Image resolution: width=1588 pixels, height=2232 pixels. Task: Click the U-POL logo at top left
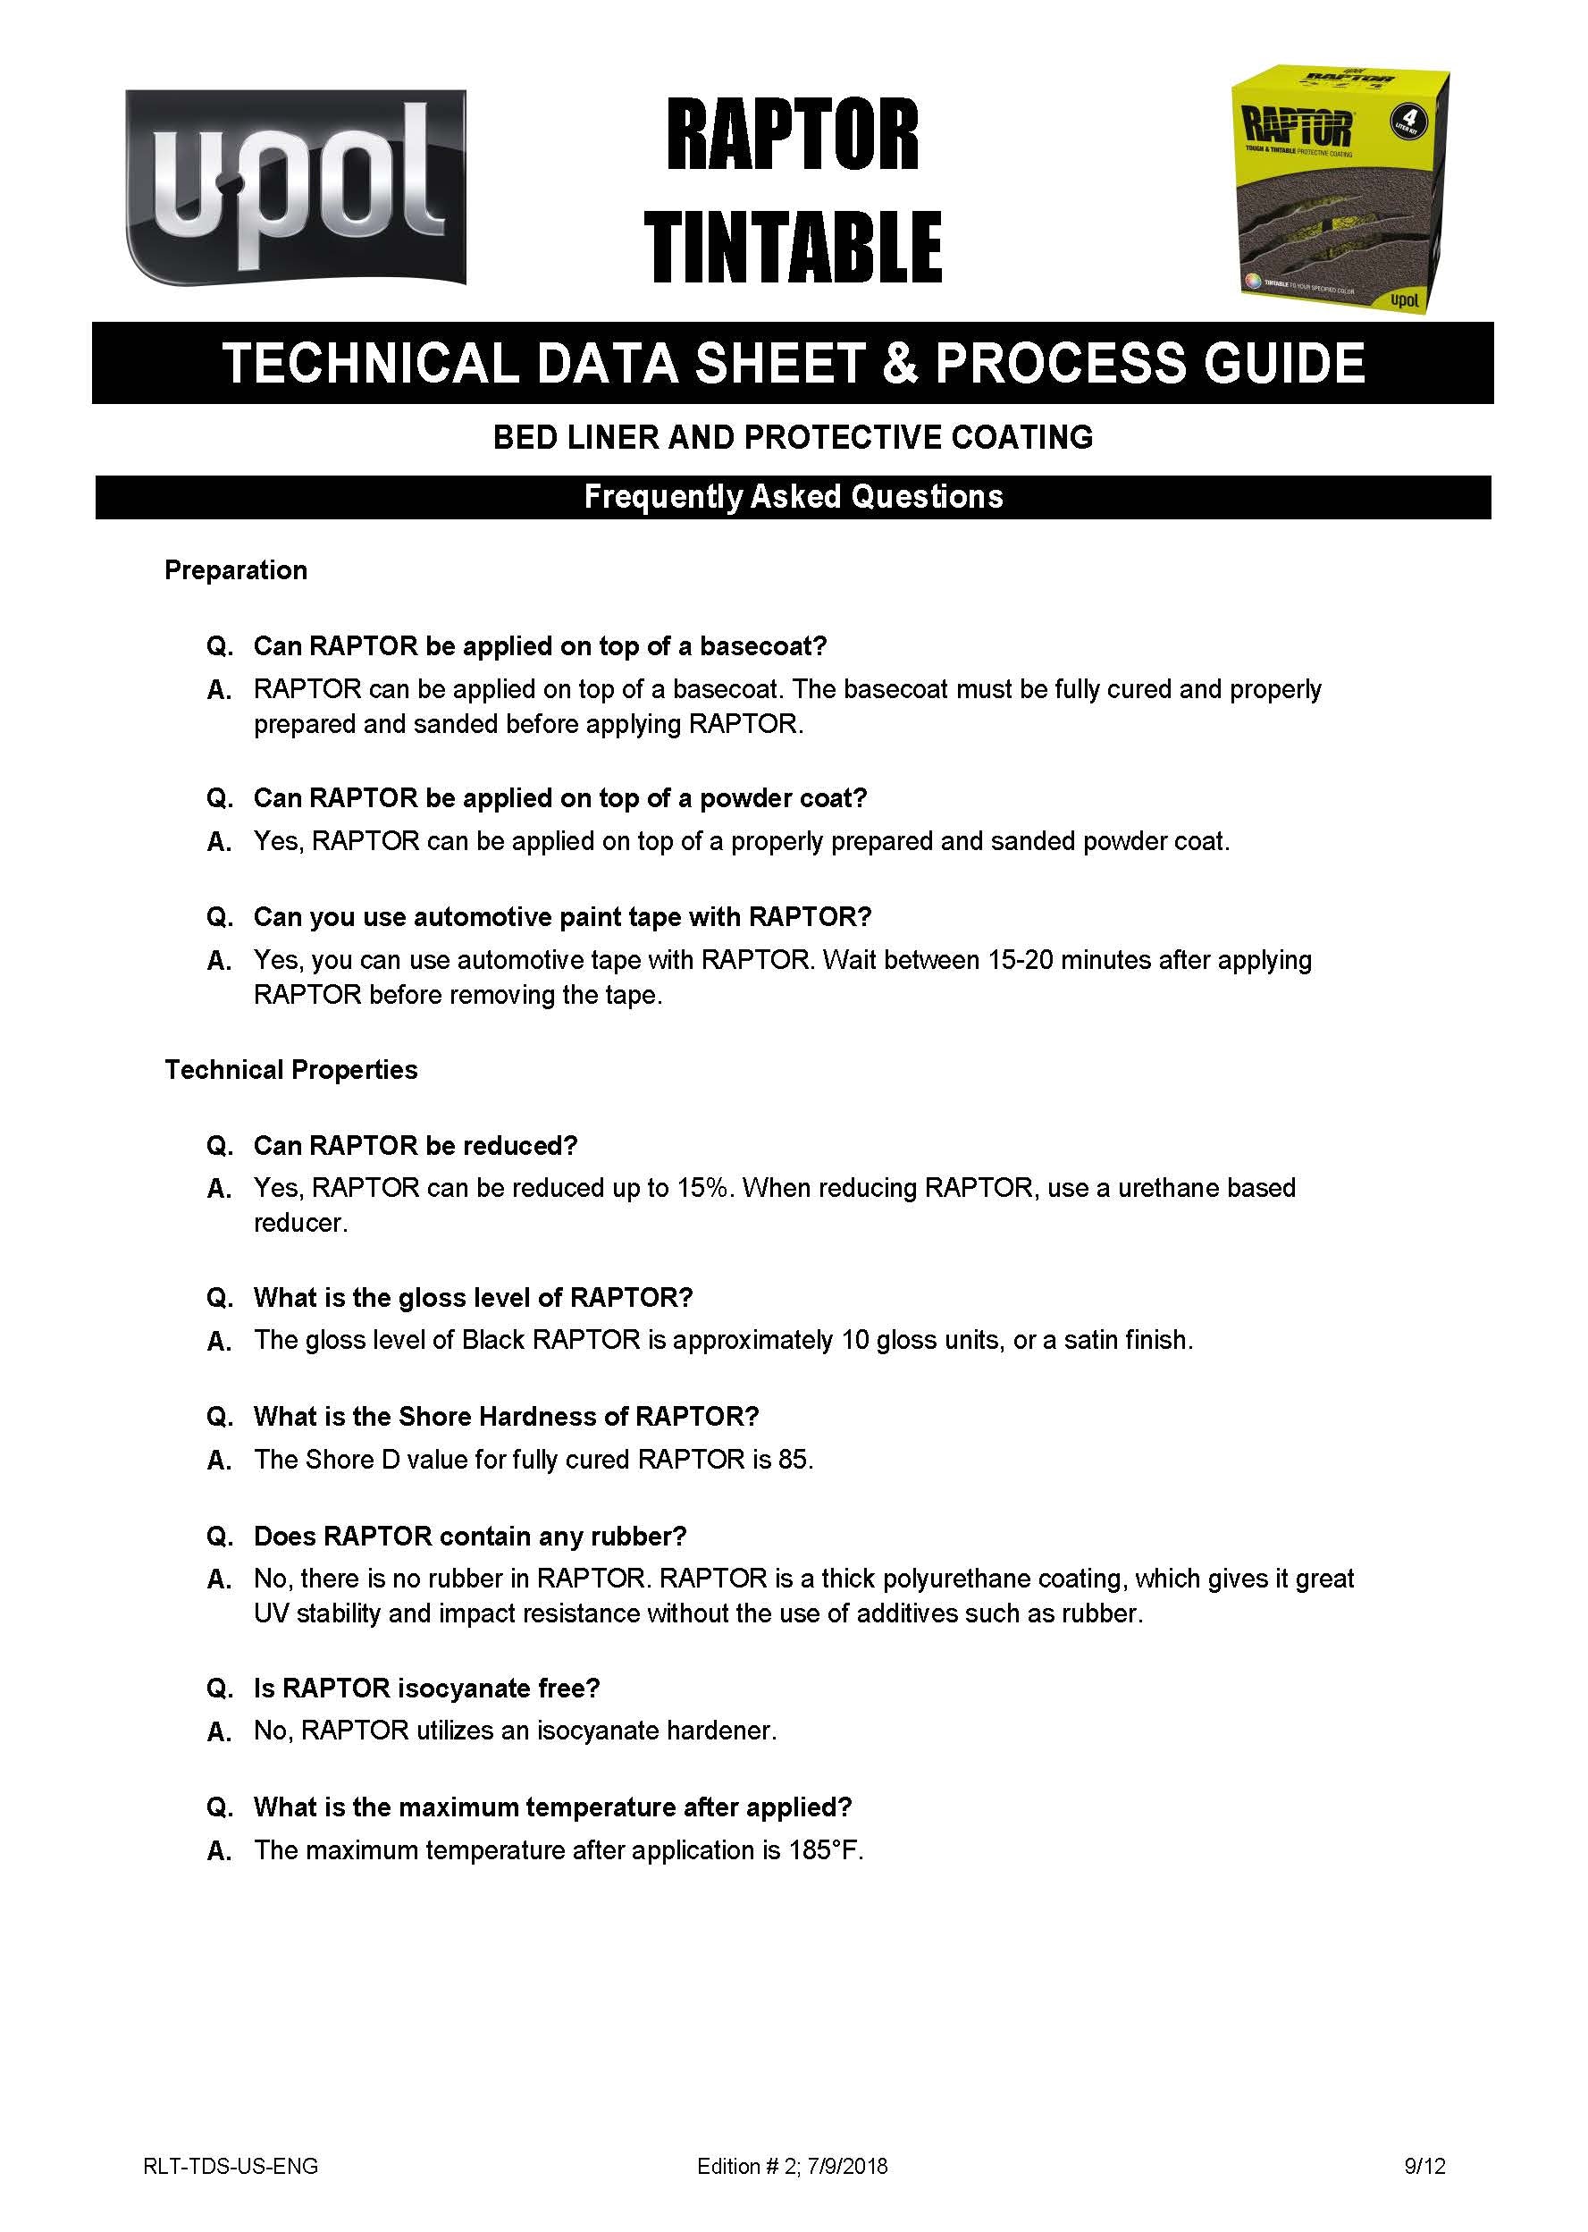295,187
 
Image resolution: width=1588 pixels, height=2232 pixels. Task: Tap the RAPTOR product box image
1339,189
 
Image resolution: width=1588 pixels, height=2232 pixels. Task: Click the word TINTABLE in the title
792,248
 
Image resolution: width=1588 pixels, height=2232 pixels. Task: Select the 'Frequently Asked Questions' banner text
793,497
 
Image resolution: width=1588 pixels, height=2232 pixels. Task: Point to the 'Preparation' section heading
236,570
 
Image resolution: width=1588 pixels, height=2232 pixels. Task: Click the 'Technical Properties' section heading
290,1070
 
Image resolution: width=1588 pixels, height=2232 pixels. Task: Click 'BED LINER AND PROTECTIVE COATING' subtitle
793,437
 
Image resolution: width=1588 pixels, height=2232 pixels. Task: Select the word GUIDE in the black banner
1284,363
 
